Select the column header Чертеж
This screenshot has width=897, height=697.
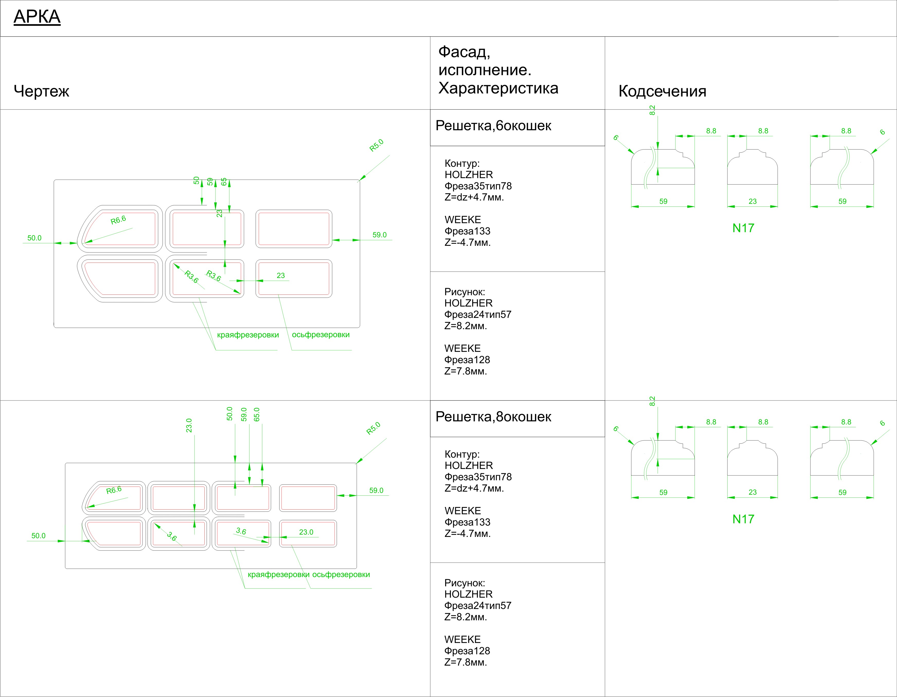tap(41, 91)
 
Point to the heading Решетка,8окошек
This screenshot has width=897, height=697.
tap(493, 417)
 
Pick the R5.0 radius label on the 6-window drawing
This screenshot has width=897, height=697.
tap(376, 145)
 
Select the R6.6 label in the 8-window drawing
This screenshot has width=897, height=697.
tap(114, 490)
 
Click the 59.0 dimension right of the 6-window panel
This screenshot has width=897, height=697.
tap(380, 235)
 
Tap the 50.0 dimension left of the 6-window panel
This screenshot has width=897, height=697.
tap(34, 238)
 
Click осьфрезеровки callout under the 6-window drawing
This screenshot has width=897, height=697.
tap(321, 335)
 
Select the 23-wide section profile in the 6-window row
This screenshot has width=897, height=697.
tap(752, 167)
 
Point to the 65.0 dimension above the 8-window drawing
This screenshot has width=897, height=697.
tap(257, 414)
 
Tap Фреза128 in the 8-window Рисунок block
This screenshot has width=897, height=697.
tap(467, 651)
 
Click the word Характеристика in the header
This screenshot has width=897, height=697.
tap(498, 88)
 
